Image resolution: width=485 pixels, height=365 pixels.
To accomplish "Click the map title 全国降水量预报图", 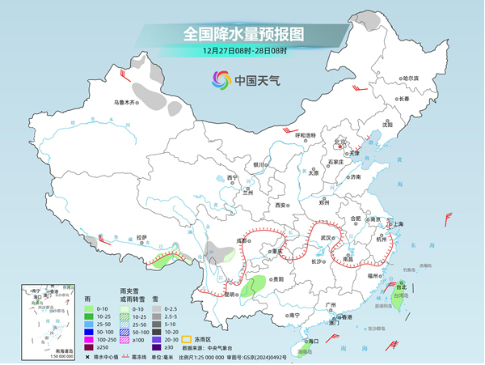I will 242,34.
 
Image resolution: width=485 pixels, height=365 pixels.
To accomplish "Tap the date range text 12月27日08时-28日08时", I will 242,50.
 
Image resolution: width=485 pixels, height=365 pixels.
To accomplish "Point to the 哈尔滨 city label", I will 411,78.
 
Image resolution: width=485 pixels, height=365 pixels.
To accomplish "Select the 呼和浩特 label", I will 309,135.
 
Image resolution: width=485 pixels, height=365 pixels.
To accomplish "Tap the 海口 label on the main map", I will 307,342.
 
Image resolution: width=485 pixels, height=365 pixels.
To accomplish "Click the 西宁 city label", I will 233,177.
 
